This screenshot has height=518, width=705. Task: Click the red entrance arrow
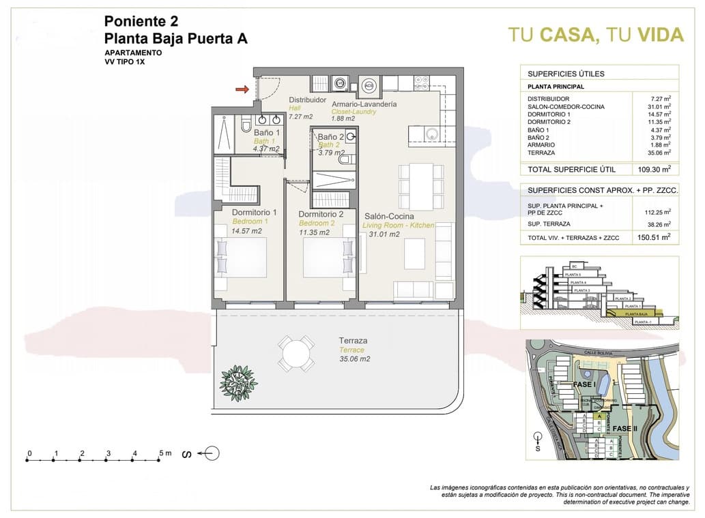point(241,89)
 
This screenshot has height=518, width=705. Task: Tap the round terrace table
point(296,354)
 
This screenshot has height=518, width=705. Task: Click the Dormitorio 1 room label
point(254,213)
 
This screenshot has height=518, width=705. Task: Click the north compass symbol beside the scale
point(210,453)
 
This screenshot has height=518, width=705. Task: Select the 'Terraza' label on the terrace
point(354,341)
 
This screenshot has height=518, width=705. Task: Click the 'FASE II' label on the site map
point(625,428)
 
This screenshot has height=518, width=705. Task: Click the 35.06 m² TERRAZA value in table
point(657,153)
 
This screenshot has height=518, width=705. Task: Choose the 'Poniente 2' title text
point(142,20)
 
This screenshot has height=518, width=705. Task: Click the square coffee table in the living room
point(417,254)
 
